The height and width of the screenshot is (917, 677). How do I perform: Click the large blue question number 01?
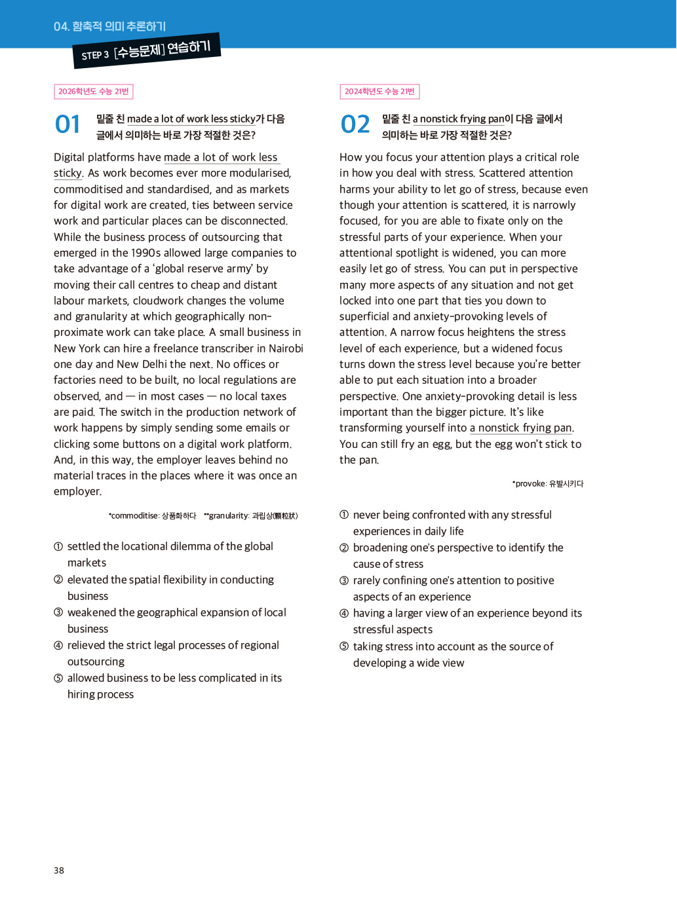pyautogui.click(x=68, y=124)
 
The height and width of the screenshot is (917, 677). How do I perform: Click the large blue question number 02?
pyautogui.click(x=355, y=124)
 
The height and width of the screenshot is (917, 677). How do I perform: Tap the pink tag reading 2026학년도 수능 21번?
pyautogui.click(x=93, y=92)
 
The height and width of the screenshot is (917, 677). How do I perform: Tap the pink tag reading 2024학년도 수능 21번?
pyautogui.click(x=379, y=92)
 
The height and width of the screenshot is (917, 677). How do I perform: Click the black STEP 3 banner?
pyautogui.click(x=147, y=51)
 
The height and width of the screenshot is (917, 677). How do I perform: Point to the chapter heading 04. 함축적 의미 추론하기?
pyautogui.click(x=109, y=26)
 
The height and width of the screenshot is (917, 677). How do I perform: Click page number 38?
pyautogui.click(x=59, y=870)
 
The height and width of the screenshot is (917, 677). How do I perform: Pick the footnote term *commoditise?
pyautogui.click(x=133, y=516)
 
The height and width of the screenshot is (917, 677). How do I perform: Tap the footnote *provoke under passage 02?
pyautogui.click(x=529, y=484)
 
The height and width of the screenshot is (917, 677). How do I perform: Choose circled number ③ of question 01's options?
pyautogui.click(x=58, y=612)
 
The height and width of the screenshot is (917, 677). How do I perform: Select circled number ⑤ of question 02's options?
pyautogui.click(x=344, y=646)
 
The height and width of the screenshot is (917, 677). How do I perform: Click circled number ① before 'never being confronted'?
pyautogui.click(x=344, y=515)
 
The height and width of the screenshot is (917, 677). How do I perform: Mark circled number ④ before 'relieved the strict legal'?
pyautogui.click(x=58, y=645)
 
